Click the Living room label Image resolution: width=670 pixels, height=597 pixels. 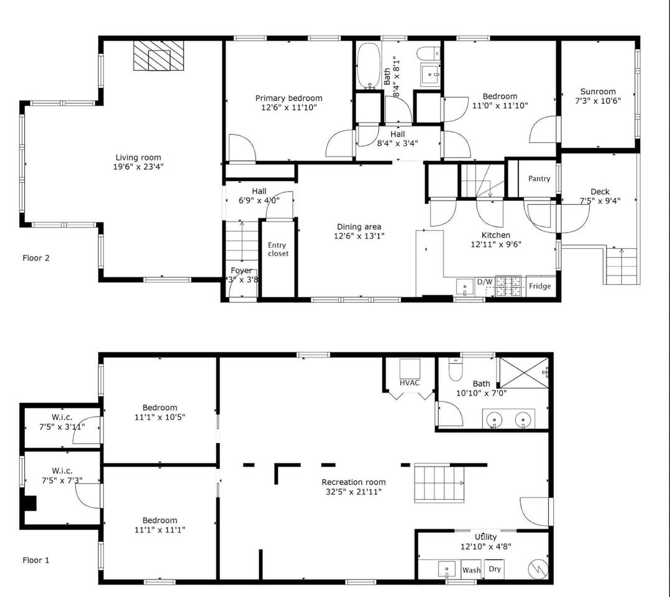(x=139, y=157)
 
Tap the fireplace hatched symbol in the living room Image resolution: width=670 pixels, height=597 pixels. (x=158, y=55)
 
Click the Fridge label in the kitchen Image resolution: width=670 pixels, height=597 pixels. (x=539, y=285)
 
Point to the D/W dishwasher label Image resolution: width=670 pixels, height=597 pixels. (x=485, y=282)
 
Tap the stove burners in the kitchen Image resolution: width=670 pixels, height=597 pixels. (x=508, y=285)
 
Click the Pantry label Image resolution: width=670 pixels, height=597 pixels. (x=539, y=178)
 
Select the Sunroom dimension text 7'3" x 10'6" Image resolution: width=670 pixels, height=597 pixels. (x=598, y=101)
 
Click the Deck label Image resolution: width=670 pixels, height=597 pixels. (x=600, y=192)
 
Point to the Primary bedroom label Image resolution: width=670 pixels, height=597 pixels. (x=289, y=98)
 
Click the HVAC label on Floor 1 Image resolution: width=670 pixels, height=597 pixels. (x=410, y=382)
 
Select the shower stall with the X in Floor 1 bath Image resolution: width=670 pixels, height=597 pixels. (x=524, y=373)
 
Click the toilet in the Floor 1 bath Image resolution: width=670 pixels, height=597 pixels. (x=456, y=369)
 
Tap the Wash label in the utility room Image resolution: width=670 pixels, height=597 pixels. (x=471, y=570)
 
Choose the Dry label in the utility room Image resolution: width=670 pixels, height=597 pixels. (x=494, y=569)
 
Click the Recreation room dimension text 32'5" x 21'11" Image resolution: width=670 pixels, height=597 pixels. (x=354, y=492)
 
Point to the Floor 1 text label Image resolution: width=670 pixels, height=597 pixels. (x=36, y=560)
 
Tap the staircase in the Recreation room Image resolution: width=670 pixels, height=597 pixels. (x=439, y=483)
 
